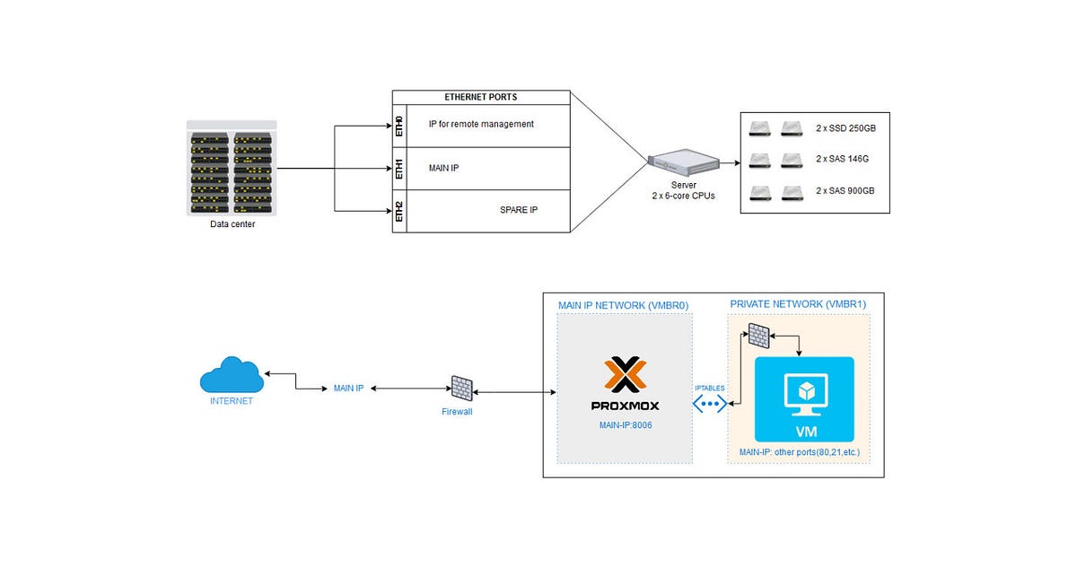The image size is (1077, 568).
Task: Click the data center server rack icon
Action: click(232, 169)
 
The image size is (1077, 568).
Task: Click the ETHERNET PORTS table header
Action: click(481, 97)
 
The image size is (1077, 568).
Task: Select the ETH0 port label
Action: click(400, 126)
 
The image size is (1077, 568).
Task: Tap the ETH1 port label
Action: click(400, 169)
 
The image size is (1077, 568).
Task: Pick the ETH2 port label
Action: click(400, 212)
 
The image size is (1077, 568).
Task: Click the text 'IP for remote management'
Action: click(480, 124)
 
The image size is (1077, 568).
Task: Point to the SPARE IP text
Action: click(519, 210)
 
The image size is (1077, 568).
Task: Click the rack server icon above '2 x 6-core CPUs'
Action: click(683, 163)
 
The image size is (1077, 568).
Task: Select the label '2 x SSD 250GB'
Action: click(845, 129)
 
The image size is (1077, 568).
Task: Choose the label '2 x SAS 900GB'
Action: click(845, 191)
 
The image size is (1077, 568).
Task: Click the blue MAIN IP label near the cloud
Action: click(348, 389)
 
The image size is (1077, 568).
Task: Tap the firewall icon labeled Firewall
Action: click(461, 388)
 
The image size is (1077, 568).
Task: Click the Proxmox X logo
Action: click(625, 375)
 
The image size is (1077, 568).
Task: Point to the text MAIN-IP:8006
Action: click(625, 424)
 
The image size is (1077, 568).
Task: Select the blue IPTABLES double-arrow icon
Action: click(710, 403)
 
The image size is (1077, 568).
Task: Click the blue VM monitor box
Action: click(805, 398)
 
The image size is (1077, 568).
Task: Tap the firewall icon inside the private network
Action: click(758, 336)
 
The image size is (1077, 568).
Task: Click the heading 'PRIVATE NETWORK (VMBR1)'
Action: click(798, 304)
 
